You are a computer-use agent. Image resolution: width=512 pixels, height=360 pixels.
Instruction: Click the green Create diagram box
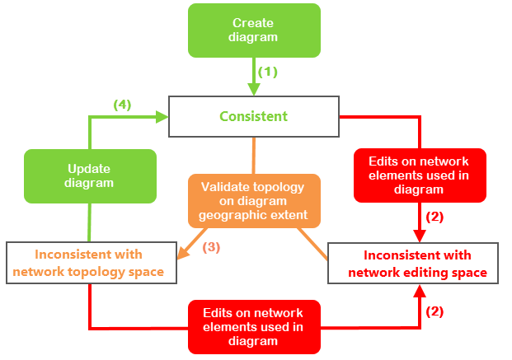pos(254,30)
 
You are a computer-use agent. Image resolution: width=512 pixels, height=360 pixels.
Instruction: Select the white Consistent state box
pos(254,116)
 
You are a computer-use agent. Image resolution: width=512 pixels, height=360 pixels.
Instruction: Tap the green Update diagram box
pos(89,175)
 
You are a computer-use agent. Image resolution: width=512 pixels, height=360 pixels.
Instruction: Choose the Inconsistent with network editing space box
pos(412,263)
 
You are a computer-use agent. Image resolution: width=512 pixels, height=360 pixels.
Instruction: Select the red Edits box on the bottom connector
pos(254,327)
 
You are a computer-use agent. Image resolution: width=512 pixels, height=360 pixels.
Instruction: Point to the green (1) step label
pos(268,72)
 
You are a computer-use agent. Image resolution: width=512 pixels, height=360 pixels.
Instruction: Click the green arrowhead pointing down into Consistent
pos(254,90)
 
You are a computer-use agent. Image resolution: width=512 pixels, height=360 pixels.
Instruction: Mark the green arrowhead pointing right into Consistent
pos(162,117)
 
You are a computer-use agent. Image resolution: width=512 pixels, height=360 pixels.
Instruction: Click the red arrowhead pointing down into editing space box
pos(420,236)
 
